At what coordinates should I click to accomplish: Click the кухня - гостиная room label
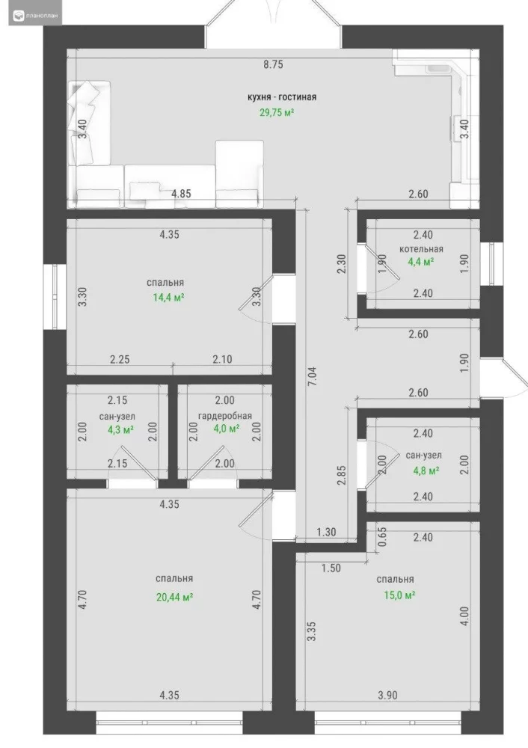tap(282, 97)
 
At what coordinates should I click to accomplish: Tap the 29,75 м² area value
tap(277, 113)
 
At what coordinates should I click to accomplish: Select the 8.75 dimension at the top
tap(273, 64)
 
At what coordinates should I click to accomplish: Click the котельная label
tap(421, 249)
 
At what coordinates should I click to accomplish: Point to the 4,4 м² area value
tap(421, 261)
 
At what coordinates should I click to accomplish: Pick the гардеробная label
tap(225, 416)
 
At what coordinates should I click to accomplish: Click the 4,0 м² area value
tap(226, 429)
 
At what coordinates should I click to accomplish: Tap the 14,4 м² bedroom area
tap(168, 298)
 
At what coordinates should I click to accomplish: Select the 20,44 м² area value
tap(174, 597)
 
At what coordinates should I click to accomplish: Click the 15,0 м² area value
tap(399, 595)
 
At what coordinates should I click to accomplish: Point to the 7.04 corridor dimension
tap(313, 376)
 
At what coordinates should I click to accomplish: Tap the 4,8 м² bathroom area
tap(426, 470)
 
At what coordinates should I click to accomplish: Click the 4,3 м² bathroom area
tap(120, 430)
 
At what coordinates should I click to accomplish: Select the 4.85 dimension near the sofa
tap(181, 194)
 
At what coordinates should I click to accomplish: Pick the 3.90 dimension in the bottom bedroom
tap(387, 696)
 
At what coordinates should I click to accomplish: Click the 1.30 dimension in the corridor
tap(326, 532)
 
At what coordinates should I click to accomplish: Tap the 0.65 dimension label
tap(382, 536)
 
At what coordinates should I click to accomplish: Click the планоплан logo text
tap(43, 16)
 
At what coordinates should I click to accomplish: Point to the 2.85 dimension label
tap(342, 476)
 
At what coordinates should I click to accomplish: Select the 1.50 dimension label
tap(331, 568)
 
